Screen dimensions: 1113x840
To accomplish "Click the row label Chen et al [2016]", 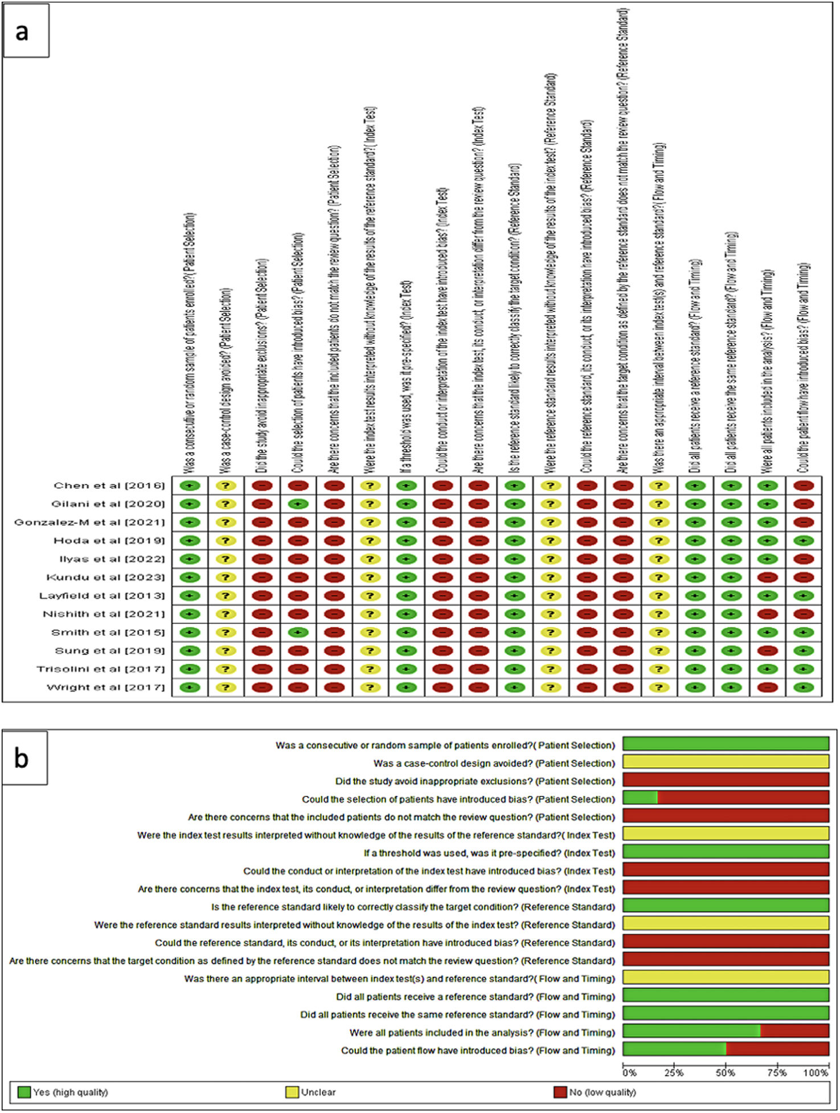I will (x=109, y=486).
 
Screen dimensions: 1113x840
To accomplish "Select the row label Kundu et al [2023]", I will (x=105, y=577).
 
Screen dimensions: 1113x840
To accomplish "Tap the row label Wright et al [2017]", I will (x=105, y=688).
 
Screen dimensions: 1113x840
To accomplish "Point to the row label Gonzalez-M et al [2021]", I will (x=89, y=523).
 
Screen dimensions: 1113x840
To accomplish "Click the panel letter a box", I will (x=26, y=31).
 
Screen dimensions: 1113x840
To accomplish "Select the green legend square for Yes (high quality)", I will (x=24, y=1092).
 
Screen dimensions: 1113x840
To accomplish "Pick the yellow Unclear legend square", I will (x=292, y=1092).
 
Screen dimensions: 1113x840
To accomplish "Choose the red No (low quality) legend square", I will (x=560, y=1092).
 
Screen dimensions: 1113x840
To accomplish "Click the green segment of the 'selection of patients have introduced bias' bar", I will (x=640, y=799).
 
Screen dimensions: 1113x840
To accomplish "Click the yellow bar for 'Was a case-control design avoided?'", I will (x=726, y=762).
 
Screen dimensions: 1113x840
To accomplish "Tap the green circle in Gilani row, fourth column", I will (x=298, y=504).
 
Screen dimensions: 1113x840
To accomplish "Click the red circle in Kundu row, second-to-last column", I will (x=767, y=578).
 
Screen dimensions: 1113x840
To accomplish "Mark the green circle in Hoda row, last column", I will (x=803, y=541).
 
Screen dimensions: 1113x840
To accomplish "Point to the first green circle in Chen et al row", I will (x=190, y=486).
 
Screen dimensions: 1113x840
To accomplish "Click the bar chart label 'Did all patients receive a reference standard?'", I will (x=476, y=997).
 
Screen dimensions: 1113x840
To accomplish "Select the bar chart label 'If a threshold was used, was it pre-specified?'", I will (x=489, y=853).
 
